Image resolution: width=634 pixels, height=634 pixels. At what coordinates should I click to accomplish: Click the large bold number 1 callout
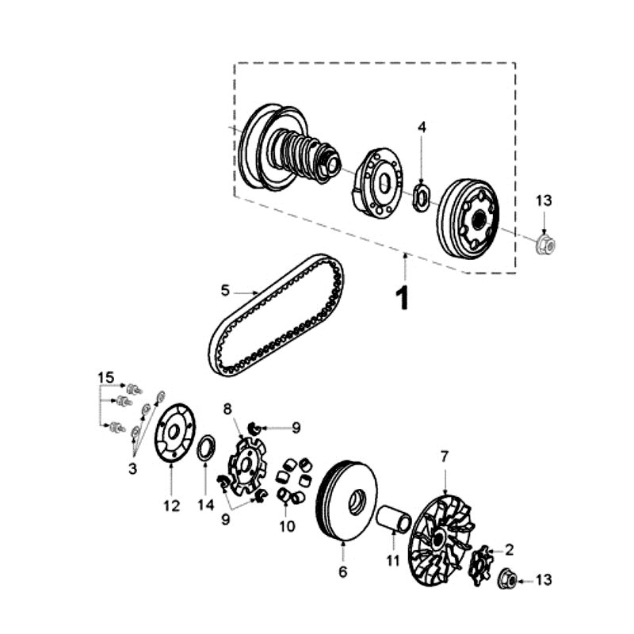(403, 298)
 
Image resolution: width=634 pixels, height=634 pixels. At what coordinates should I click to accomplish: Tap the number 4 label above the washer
(422, 127)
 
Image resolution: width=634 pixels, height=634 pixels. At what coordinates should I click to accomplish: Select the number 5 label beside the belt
(225, 291)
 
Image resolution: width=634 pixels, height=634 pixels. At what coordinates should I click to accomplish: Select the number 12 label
(172, 505)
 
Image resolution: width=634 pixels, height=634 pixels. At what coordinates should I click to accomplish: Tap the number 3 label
(132, 468)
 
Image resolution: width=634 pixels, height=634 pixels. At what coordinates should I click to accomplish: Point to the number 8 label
(227, 410)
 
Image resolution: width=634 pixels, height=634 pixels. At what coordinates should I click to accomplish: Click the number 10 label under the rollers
(286, 525)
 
